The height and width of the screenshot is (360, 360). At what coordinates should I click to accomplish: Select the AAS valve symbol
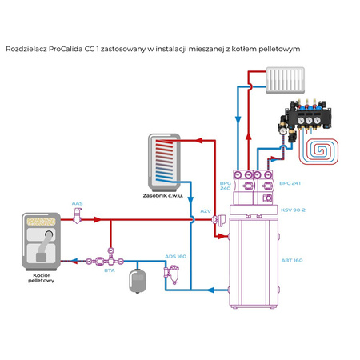tap(78, 217)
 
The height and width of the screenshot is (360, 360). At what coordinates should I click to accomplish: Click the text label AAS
tap(78, 203)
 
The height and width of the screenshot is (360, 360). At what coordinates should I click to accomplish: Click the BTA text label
tap(110, 270)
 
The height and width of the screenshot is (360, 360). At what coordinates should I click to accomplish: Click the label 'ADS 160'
tap(176, 256)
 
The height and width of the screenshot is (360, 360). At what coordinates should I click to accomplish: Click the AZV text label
tap(206, 211)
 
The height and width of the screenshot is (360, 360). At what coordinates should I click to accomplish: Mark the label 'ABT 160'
tap(293, 260)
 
